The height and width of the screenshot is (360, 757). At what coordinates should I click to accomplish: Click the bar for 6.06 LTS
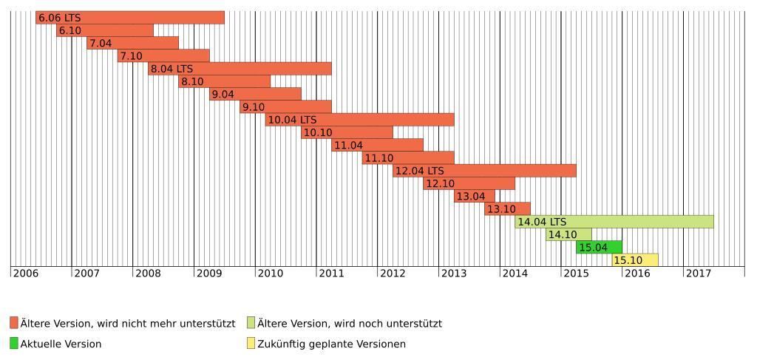pos(129,18)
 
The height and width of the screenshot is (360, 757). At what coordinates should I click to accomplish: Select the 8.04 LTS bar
pos(240,69)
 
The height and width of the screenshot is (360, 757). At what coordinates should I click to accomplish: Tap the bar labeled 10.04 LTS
pos(359,120)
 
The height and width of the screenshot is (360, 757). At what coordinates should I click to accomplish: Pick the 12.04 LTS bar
pos(484,171)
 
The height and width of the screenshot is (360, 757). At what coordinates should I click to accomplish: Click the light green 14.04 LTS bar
pos(614,222)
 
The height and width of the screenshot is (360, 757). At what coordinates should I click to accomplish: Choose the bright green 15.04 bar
pos(599,248)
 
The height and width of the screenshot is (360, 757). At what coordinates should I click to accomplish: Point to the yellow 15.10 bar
pos(635,260)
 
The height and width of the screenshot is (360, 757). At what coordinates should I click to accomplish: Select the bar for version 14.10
pos(568,235)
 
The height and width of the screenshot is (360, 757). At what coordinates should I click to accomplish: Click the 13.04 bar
pos(474,197)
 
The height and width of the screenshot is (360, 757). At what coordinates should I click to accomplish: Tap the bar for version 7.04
pos(132,44)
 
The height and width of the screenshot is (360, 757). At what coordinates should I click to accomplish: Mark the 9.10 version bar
pos(285,107)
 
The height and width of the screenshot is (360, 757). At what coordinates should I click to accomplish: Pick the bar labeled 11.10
pos(408,158)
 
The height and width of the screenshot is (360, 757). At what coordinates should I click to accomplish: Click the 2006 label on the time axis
pos(26,274)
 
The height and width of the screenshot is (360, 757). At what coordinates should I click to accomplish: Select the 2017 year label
pos(699,274)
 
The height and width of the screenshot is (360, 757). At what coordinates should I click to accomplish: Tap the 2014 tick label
pos(515,274)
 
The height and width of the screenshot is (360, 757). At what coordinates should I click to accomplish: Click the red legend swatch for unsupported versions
pos(14,323)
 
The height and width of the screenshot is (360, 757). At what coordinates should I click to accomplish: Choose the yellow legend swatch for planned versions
pos(251,344)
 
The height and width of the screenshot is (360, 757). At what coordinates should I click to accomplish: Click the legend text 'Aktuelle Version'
pos(61,344)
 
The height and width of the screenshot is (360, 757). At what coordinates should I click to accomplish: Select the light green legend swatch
pos(251,323)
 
